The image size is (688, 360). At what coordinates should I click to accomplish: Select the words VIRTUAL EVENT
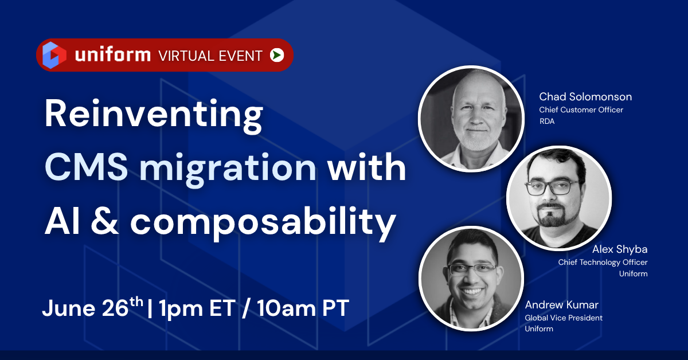(x=210, y=56)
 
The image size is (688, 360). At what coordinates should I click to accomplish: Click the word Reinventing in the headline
(x=153, y=115)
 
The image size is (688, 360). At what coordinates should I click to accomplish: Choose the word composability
(x=263, y=222)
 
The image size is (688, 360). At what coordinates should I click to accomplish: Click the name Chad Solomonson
(x=585, y=96)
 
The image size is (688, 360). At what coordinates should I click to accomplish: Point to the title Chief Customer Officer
(x=581, y=109)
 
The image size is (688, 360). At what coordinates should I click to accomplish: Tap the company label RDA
(x=547, y=121)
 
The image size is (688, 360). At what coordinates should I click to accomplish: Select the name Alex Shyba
(x=620, y=250)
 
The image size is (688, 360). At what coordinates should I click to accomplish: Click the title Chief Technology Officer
(x=603, y=263)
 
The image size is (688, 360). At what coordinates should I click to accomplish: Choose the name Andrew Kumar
(x=561, y=304)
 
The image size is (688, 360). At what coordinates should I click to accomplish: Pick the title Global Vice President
(x=564, y=318)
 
